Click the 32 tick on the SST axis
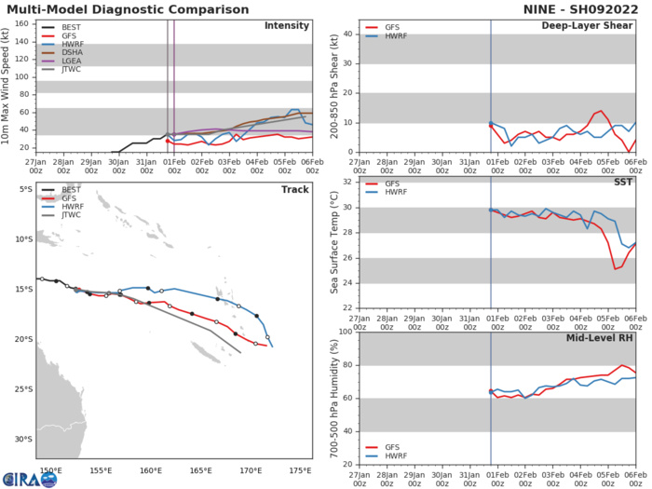pyautogui.click(x=348, y=182)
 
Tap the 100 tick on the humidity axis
pyautogui.click(x=346, y=332)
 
